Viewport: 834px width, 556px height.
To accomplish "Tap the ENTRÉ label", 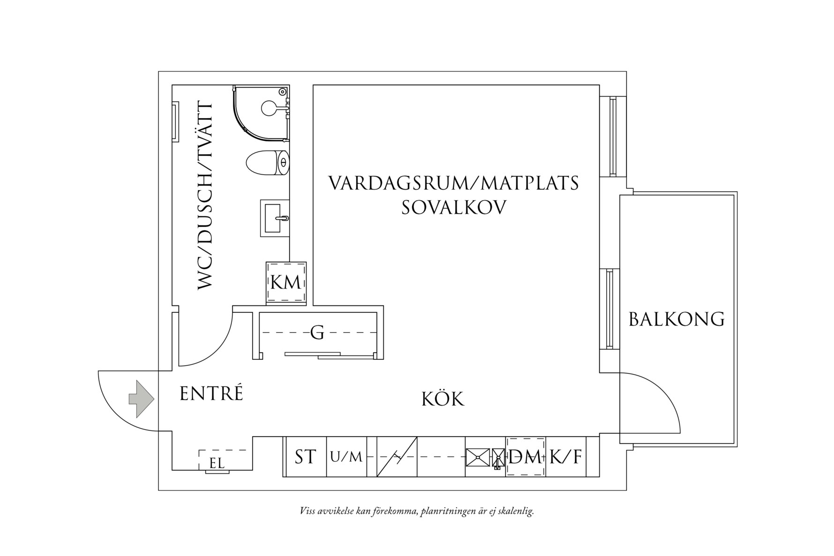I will point(211,394).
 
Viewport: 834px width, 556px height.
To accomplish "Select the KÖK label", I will point(443,400).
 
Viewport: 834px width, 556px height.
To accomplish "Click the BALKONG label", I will point(676,319).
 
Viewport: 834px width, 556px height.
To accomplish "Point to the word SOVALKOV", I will point(454,208).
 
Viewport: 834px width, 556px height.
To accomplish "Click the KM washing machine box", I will point(286,283).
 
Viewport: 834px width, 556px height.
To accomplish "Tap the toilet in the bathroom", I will point(267,163).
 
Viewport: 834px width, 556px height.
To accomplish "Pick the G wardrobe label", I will point(317,333).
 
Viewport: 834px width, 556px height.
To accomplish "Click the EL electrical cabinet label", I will point(217,464).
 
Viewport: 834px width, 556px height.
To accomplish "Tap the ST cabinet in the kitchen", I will point(305,457).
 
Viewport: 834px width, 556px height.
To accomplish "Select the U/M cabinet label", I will point(346,457).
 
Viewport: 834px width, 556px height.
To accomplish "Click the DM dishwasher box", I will point(525,457).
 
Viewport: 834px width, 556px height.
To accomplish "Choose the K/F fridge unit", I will point(566,457).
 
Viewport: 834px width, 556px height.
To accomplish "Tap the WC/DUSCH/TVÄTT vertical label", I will point(205,197).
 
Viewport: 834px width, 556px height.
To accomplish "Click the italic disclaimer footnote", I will point(417,511).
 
